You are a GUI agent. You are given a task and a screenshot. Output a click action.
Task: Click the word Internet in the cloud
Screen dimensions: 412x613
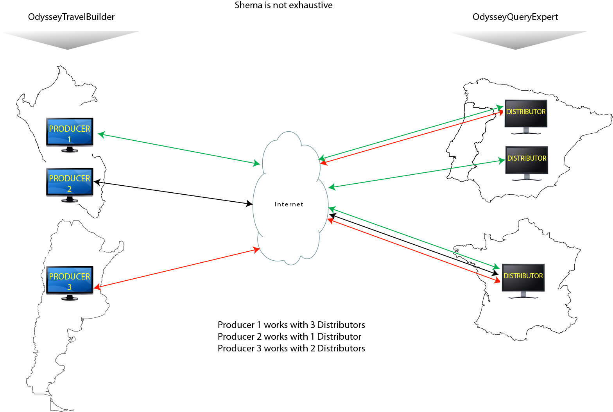click(x=289, y=204)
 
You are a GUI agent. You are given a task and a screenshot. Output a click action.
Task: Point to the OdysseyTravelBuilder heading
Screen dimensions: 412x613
click(x=72, y=17)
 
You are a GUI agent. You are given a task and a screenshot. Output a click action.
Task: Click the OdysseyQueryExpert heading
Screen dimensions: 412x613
click(x=515, y=17)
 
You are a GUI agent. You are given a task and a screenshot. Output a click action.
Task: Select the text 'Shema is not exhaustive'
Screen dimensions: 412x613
click(x=283, y=5)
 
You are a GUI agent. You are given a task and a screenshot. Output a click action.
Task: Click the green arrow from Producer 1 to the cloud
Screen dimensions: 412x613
click(x=179, y=149)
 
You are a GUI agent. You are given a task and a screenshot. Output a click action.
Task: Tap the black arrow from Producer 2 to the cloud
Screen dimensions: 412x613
click(x=173, y=193)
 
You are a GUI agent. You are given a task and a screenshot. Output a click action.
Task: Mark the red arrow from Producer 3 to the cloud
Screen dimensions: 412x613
click(x=177, y=269)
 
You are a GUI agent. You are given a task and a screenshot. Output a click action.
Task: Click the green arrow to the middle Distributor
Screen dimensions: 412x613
click(x=417, y=174)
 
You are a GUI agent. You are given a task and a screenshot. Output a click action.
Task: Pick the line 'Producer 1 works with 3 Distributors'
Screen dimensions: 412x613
click(x=291, y=325)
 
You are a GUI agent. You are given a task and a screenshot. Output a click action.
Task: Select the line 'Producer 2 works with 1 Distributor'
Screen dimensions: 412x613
click(x=289, y=337)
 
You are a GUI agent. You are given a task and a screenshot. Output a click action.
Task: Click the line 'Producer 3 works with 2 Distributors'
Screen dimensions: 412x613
click(x=291, y=348)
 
